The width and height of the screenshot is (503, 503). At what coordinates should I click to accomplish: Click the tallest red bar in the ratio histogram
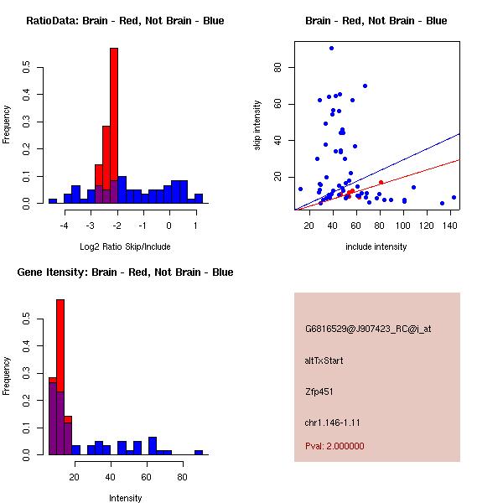point(114,126)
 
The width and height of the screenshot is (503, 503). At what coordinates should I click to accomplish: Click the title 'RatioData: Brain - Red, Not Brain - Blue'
point(125,21)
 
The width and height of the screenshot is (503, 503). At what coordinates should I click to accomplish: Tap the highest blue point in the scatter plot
point(332,49)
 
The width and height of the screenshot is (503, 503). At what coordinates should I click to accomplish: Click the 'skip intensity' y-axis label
point(258,126)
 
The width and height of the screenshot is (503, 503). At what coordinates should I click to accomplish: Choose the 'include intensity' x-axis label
point(376,246)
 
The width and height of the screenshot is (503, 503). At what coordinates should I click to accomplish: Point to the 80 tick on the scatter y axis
point(276,67)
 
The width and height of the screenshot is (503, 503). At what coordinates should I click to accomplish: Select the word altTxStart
point(324,360)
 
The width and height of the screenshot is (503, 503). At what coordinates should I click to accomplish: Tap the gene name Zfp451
point(321,392)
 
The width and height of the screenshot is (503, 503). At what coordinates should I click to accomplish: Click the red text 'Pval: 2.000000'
point(334,446)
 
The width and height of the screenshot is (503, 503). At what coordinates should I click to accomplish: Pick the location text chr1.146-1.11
point(332,422)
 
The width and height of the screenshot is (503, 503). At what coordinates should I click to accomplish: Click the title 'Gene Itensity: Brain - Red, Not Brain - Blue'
point(125,272)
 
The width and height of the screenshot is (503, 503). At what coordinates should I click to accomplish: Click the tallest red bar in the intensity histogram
point(60,377)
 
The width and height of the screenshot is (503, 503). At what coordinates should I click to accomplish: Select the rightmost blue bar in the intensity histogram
point(199,452)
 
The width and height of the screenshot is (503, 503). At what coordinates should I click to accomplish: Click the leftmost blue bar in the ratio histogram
point(53,201)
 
